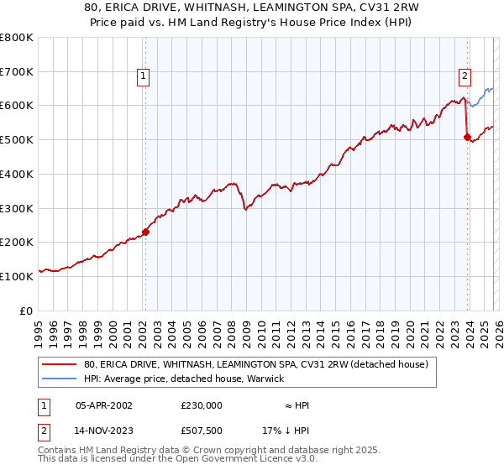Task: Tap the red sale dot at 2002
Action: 145,232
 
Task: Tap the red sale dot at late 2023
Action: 467,138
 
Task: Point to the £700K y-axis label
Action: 17,71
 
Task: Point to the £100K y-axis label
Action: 17,275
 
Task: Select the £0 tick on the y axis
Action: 25,310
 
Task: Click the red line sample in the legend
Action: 60,364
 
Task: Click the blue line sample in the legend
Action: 60,379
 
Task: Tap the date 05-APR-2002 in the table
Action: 104,405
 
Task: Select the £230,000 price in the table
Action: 202,405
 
